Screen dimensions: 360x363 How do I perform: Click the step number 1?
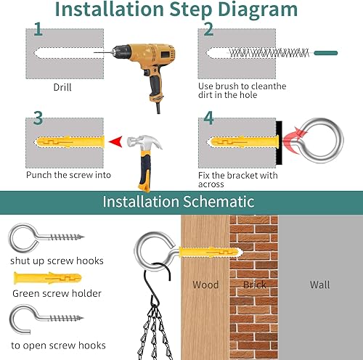38,30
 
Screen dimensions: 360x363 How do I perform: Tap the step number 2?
208,30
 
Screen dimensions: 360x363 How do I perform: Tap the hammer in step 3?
139,156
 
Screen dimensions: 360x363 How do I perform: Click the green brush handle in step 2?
325,52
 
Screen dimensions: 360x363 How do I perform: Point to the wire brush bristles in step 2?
269,52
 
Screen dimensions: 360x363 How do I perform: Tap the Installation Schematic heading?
178,201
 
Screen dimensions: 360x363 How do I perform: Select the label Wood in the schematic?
205,285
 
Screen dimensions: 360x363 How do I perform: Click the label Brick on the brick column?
254,285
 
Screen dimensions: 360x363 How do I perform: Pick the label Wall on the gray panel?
319,285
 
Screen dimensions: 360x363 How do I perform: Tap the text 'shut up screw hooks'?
57,261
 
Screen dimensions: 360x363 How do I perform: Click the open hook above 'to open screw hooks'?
44,319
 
